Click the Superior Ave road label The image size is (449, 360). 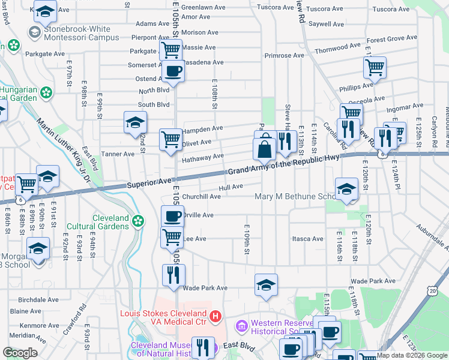click(x=149, y=181)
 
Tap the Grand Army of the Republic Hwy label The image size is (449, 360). click(x=284, y=165)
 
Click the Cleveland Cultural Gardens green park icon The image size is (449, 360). click(x=139, y=221)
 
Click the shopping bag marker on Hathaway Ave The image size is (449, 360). click(x=264, y=149)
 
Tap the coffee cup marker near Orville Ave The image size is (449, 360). click(x=172, y=216)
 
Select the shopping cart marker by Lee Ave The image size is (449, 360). click(x=172, y=238)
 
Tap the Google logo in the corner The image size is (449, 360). click(x=20, y=353)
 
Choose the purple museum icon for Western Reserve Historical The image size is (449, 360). click(x=241, y=326)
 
